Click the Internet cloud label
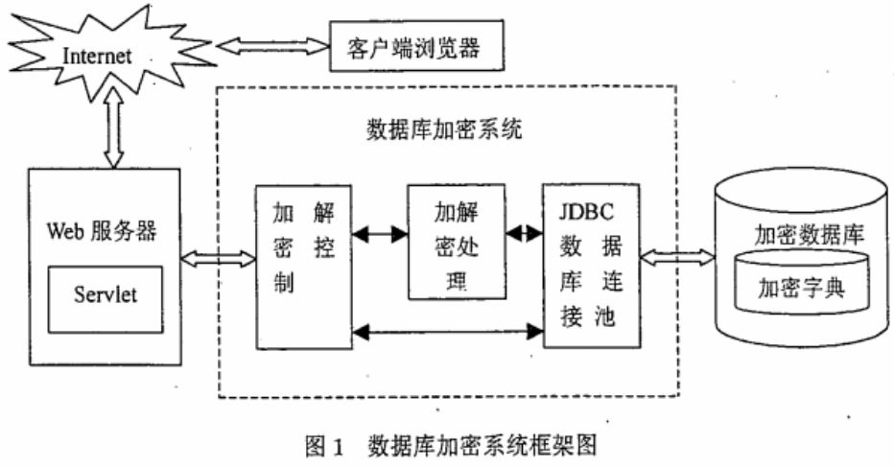point(96,55)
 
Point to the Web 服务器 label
point(102,231)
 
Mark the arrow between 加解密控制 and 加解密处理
point(379,233)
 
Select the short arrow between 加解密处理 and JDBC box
point(524,233)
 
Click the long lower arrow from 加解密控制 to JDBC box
point(447,332)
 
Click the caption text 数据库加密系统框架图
point(487,446)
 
